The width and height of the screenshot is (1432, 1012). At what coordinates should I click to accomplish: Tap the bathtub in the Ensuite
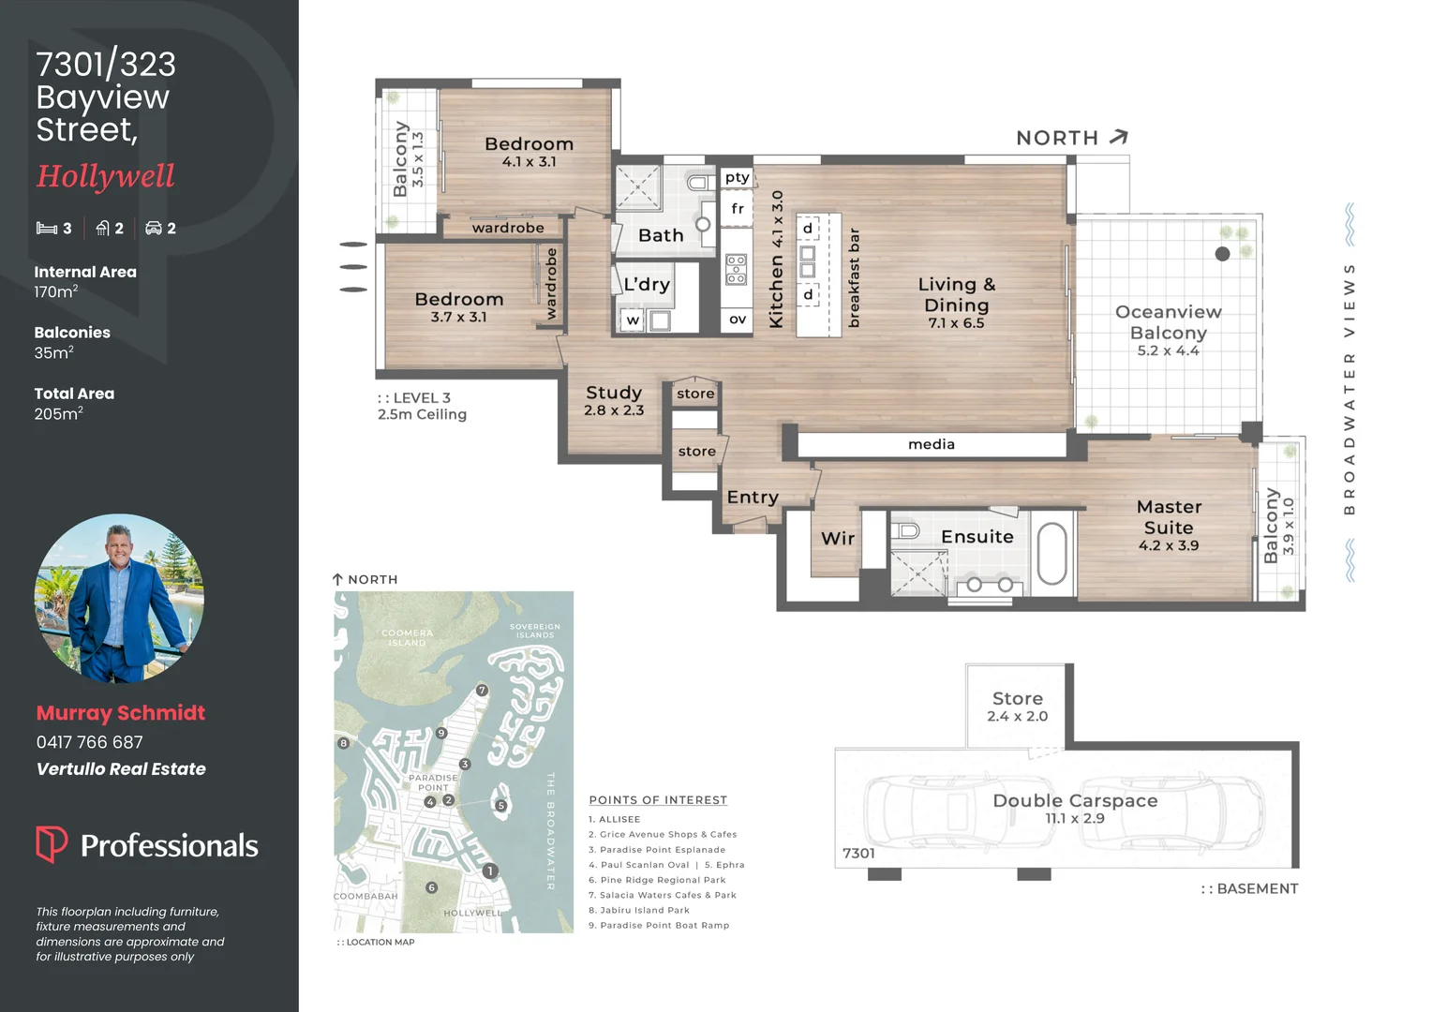(1052, 554)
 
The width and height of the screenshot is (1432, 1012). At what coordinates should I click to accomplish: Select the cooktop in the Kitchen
(736, 269)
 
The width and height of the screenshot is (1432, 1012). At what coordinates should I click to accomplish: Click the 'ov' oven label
(738, 319)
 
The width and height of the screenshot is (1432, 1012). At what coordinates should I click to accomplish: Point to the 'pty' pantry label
(738, 177)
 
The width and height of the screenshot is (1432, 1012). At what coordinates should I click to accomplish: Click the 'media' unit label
(932, 444)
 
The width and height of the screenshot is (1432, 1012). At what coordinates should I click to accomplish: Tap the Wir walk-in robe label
(838, 538)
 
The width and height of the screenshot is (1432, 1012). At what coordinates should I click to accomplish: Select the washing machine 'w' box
(633, 320)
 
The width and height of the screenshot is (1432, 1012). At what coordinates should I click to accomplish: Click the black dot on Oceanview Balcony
(1222, 254)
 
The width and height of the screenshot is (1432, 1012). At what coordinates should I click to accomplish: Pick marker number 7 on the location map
(482, 691)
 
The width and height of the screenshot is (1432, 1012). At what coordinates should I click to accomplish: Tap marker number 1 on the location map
(490, 871)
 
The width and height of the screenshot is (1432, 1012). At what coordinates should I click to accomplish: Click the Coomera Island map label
(408, 637)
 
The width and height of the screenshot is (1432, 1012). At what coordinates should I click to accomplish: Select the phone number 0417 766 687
(90, 742)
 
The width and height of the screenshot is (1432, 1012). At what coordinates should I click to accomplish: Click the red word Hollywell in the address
(106, 176)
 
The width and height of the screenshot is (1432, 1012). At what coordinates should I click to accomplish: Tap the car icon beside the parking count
(154, 228)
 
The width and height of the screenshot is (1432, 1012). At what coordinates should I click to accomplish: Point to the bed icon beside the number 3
(47, 229)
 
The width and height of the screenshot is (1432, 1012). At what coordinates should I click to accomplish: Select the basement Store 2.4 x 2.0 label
(1017, 707)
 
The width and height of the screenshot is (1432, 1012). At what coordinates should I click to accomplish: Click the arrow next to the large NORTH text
(1119, 137)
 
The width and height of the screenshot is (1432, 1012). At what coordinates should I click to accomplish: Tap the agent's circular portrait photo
(120, 599)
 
